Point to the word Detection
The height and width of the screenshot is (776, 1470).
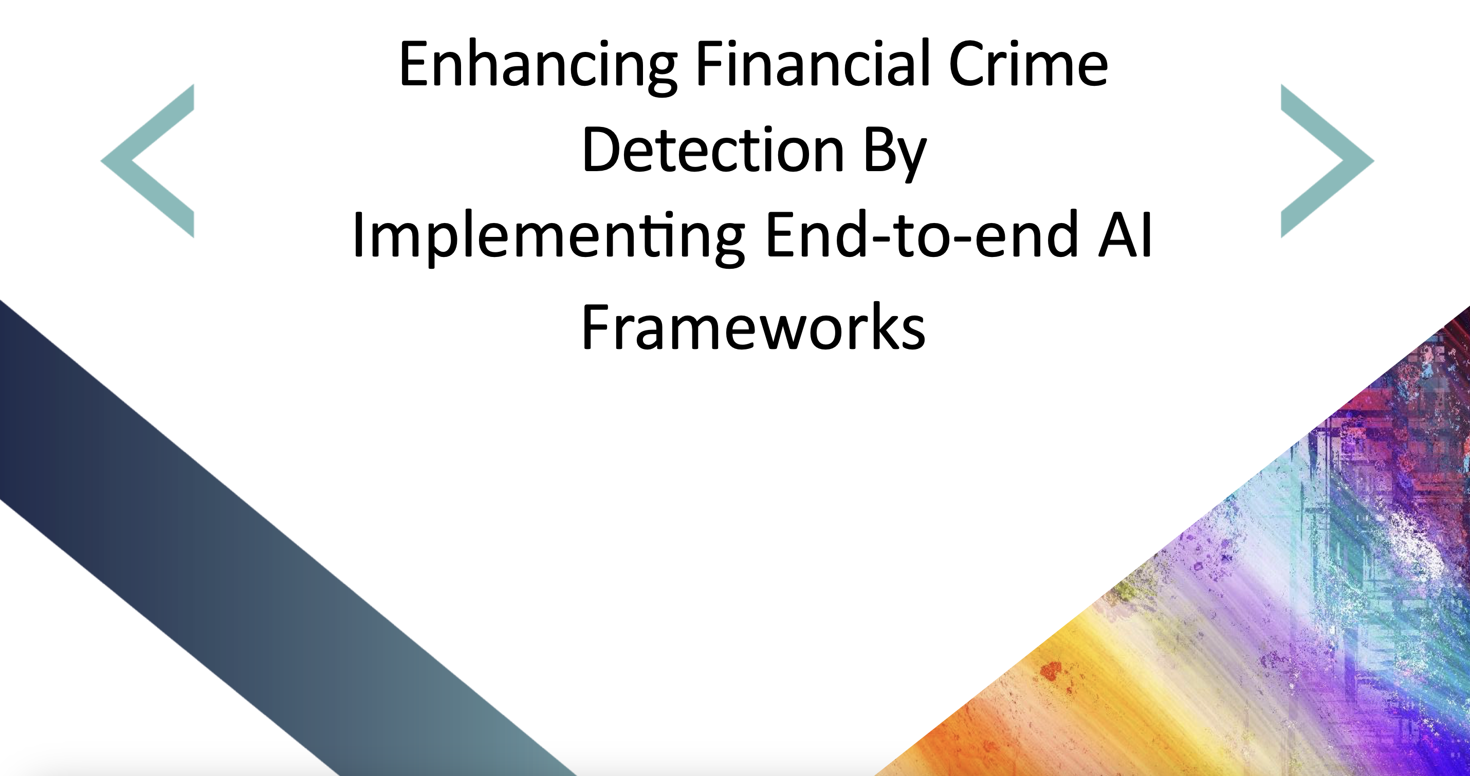(713, 149)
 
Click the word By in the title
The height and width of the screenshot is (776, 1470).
(895, 154)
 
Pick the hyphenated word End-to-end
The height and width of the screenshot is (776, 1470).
(922, 234)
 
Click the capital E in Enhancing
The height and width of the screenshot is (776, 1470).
(415, 63)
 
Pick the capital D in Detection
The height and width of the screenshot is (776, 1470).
(601, 149)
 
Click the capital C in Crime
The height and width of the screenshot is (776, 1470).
(967, 63)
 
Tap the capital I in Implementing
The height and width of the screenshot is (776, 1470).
(358, 234)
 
